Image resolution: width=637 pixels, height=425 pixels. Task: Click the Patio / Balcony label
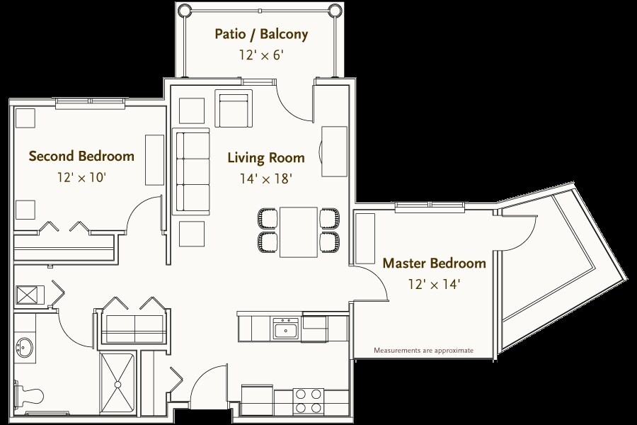(x=260, y=34)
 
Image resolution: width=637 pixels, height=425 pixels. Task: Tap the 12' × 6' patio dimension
(x=260, y=55)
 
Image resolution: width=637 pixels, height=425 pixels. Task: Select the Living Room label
(x=266, y=157)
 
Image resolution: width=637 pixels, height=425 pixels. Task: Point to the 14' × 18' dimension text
(x=265, y=178)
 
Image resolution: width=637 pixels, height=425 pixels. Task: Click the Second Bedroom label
(x=81, y=156)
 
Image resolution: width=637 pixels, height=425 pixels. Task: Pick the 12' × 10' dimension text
(x=81, y=177)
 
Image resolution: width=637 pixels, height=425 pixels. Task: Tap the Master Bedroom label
(x=435, y=263)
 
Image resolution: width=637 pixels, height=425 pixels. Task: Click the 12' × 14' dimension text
(x=434, y=284)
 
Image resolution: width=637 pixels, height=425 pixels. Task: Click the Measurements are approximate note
(x=423, y=350)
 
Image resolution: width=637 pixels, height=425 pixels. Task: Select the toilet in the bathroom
(x=28, y=394)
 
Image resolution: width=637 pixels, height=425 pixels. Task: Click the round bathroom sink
(x=24, y=347)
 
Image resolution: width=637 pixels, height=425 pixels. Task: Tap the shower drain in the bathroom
(x=117, y=384)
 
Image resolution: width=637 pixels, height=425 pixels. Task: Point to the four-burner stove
(x=309, y=401)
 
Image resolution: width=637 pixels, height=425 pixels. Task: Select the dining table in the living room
(x=299, y=232)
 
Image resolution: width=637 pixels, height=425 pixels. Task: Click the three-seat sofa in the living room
(x=191, y=171)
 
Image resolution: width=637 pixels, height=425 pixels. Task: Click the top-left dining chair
(x=267, y=218)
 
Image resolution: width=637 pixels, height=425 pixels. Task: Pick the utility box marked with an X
(x=30, y=295)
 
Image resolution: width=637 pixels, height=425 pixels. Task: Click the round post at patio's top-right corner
(x=334, y=9)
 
